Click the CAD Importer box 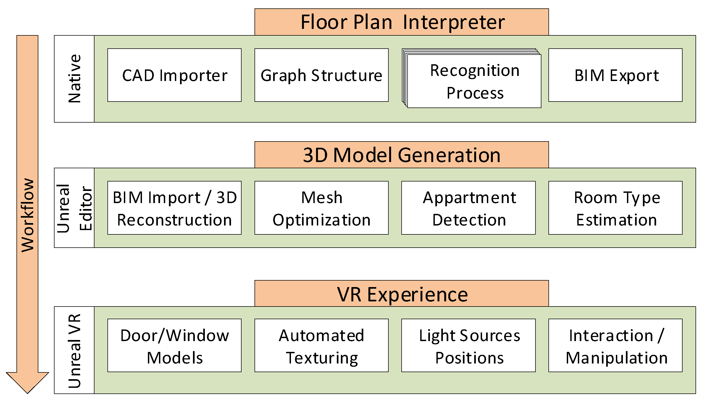(174, 75)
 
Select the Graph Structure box (321, 75)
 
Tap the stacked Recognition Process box (474, 81)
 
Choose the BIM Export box (615, 75)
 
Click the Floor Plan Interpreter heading (401, 22)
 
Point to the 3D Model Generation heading (401, 155)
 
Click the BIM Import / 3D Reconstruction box (174, 208)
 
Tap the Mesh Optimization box (321, 208)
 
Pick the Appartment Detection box (468, 208)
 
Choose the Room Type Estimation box (615, 208)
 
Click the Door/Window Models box (174, 345)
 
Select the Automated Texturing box (321, 345)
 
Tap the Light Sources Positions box (468, 345)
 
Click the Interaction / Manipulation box (615, 345)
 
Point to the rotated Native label (74, 79)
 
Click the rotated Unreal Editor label (74, 208)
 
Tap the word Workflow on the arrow (28, 215)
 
